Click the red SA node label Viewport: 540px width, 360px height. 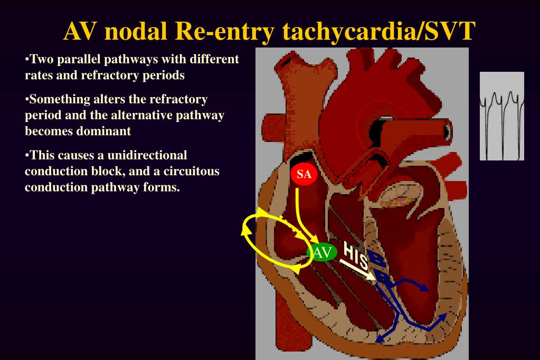[304, 175]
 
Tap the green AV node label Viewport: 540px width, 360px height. [322, 253]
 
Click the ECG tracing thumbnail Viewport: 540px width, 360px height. [501, 116]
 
